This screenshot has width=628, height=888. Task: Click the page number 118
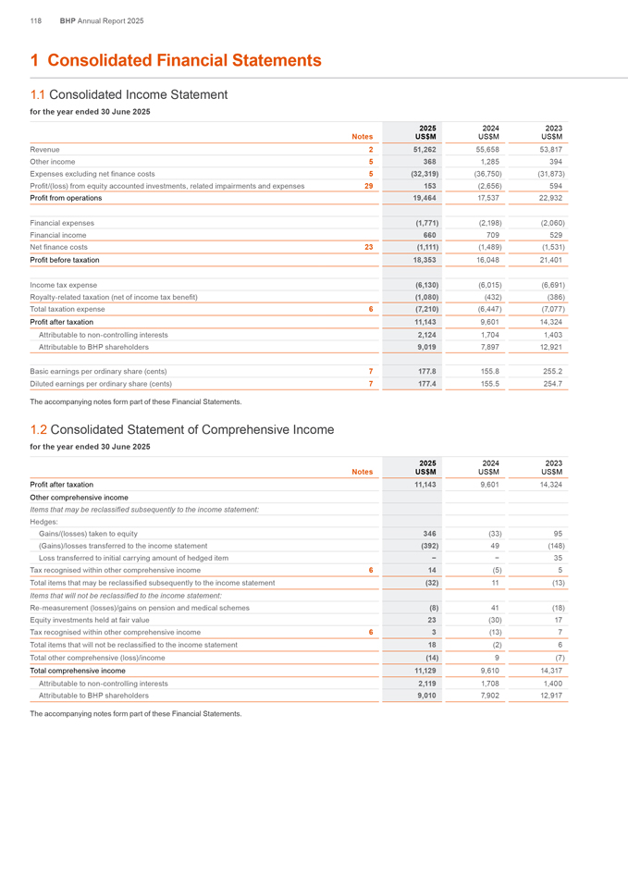[x=36, y=20]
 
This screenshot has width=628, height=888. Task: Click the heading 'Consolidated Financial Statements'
[x=184, y=61]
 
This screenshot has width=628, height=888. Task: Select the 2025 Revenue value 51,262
[x=424, y=149]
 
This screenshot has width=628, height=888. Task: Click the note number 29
[x=369, y=185]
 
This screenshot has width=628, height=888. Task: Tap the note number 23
[x=369, y=247]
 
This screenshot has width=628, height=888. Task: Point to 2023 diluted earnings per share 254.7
[x=553, y=384]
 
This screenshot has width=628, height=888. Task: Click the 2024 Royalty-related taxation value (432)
[x=490, y=296]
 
